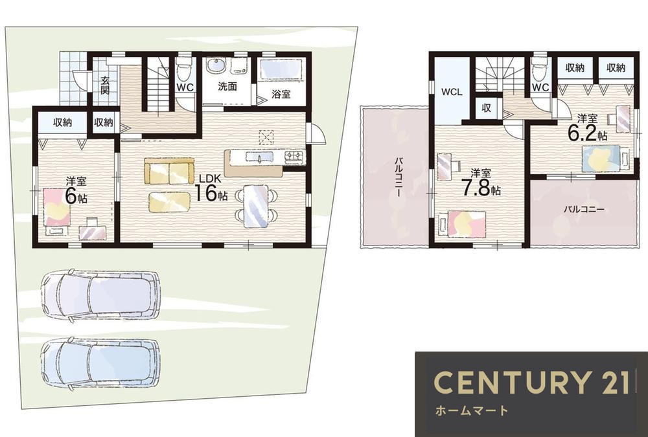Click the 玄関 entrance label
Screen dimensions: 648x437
pyautogui.click(x=105, y=85)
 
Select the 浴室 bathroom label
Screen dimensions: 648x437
pyautogui.click(x=281, y=94)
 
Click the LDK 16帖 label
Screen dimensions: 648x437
pyautogui.click(x=211, y=188)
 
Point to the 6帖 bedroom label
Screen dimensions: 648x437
pyautogui.click(x=76, y=190)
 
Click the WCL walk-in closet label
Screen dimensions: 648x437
pyautogui.click(x=452, y=93)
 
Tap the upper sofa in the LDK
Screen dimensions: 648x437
pyautogui.click(x=169, y=171)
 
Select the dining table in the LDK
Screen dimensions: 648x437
pyautogui.click(x=255, y=206)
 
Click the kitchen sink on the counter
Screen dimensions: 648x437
pyautogui.click(x=259, y=157)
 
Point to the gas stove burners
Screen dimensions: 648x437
pyautogui.click(x=294, y=156)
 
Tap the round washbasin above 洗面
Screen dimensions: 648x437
pyautogui.click(x=215, y=65)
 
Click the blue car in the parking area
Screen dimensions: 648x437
pyautogui.click(x=100, y=363)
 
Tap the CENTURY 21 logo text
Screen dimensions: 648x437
pyautogui.click(x=532, y=382)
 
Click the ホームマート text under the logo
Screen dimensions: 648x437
pyautogui.click(x=472, y=410)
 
